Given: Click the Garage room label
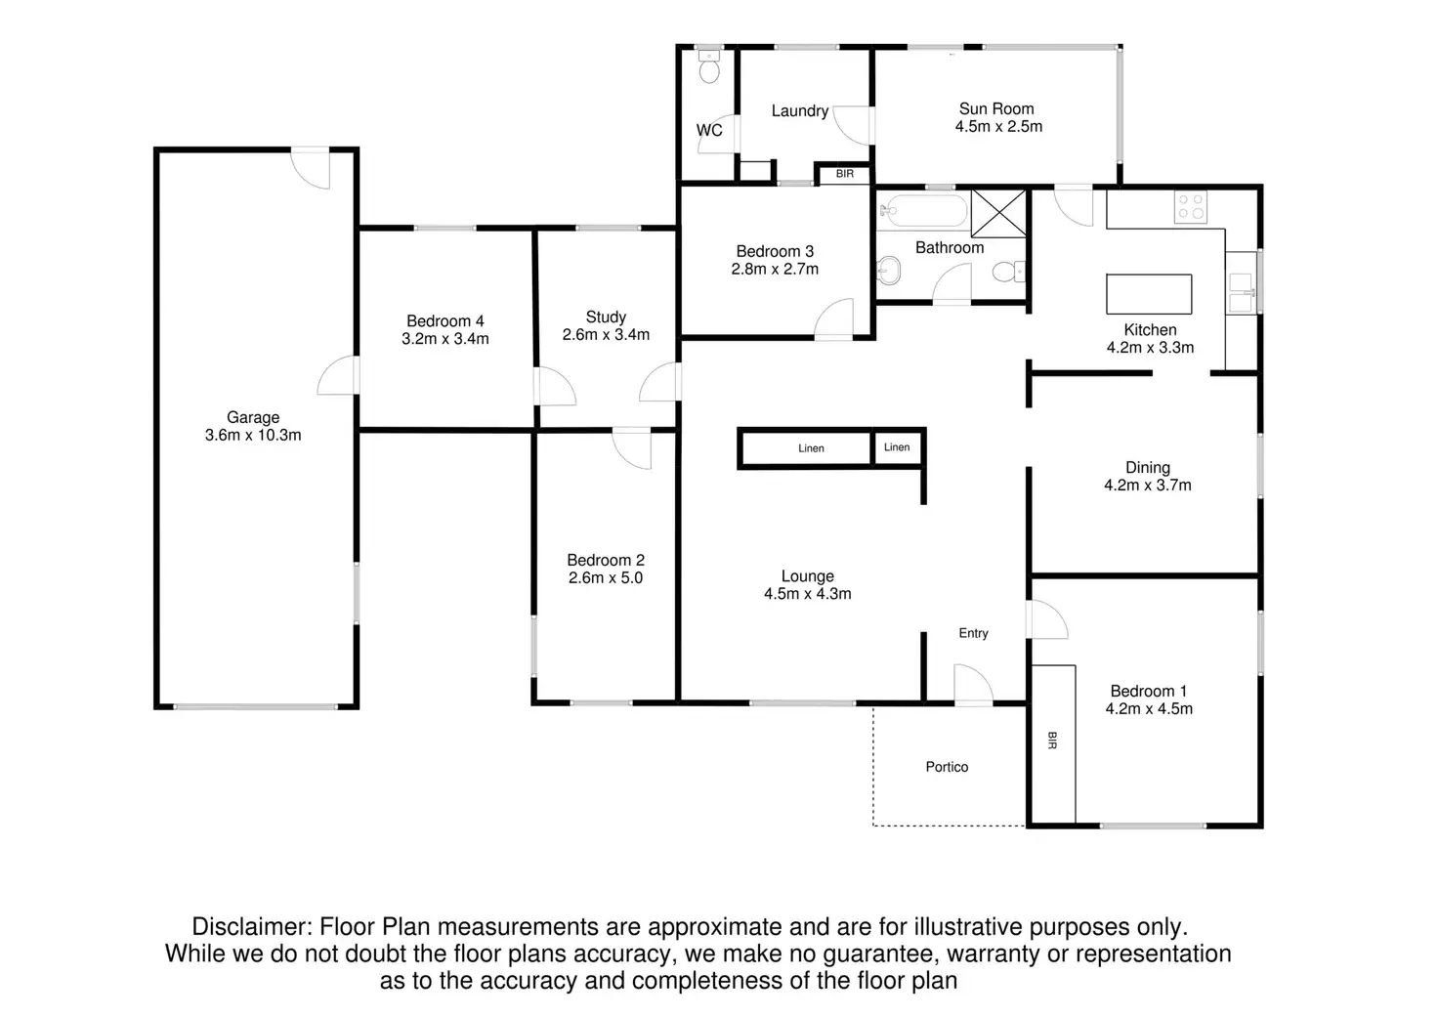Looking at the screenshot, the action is [x=253, y=418].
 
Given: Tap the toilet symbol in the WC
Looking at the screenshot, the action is [x=709, y=67].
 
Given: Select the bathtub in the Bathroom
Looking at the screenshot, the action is [x=922, y=209].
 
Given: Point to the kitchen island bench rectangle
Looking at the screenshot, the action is [x=1149, y=293].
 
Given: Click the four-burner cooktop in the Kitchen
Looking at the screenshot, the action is [x=1191, y=206].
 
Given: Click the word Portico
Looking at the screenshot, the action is [x=947, y=767].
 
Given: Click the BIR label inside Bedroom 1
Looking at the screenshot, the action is [x=1052, y=741].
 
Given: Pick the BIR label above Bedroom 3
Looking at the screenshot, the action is [x=845, y=174].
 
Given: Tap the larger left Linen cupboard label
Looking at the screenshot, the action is [x=811, y=448].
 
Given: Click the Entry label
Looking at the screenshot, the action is [x=973, y=633].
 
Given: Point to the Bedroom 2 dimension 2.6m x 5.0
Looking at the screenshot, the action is [x=606, y=578].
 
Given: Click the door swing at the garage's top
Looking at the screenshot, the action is [x=314, y=168].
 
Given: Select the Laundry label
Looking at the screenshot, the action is [x=799, y=111].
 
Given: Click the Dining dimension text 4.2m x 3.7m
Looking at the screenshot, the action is [x=1147, y=486].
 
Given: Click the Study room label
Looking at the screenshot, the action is [x=606, y=317].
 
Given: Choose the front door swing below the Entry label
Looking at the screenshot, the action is [x=973, y=684].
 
